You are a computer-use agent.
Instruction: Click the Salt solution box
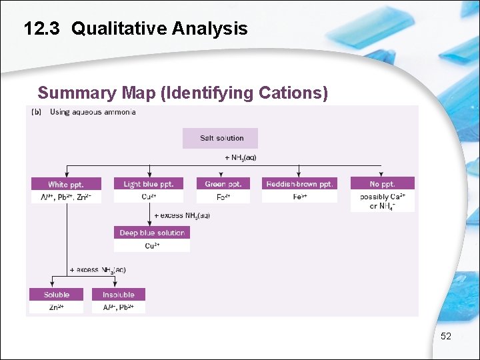(221, 138)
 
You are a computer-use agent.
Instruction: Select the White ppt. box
(66, 184)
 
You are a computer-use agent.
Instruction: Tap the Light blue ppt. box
(148, 184)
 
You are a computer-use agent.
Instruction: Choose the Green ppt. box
(223, 184)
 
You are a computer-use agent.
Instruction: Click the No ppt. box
(382, 184)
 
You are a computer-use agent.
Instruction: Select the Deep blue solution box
(152, 233)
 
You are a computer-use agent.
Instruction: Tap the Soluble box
(57, 295)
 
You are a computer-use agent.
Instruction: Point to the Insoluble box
(118, 295)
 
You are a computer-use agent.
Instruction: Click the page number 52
(446, 337)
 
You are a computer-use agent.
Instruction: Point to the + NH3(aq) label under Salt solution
(240, 157)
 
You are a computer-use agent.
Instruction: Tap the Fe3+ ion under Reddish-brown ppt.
(298, 197)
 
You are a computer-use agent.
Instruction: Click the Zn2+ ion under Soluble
(57, 307)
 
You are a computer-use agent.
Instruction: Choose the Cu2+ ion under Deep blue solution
(152, 245)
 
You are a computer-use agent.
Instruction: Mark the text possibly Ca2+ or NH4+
(382, 201)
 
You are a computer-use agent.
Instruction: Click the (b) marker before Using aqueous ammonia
(37, 112)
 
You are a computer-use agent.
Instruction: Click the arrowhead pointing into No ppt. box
(382, 174)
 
